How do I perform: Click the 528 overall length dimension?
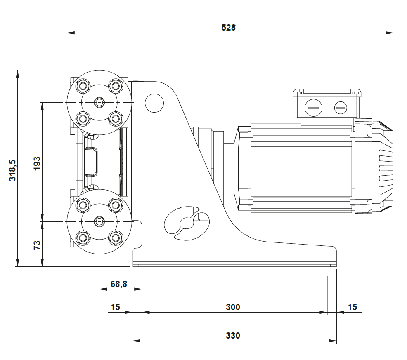coord(228,28)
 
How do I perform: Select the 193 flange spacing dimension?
coord(37,164)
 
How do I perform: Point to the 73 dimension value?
coord(37,245)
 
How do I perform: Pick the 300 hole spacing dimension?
coord(233,307)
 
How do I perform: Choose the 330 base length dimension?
coord(233,335)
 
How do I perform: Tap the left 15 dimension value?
coord(115,307)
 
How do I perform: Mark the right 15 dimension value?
coord(352,307)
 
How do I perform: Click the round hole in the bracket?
coord(154,103)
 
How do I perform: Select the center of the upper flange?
coord(99,102)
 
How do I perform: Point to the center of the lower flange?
coord(99,221)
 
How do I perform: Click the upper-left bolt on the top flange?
coord(83,86)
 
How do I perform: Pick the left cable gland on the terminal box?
coord(312,108)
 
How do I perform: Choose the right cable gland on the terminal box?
coord(340,108)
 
